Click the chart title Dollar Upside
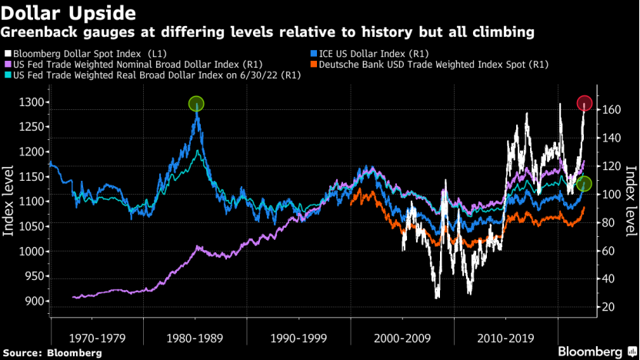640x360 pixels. coord(69,14)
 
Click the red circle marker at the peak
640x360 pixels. coord(584,103)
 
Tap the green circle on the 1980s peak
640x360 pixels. coord(196,104)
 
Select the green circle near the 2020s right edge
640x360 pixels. coord(584,184)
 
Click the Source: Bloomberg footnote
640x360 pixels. coord(53,352)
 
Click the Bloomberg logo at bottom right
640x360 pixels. coord(590,351)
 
